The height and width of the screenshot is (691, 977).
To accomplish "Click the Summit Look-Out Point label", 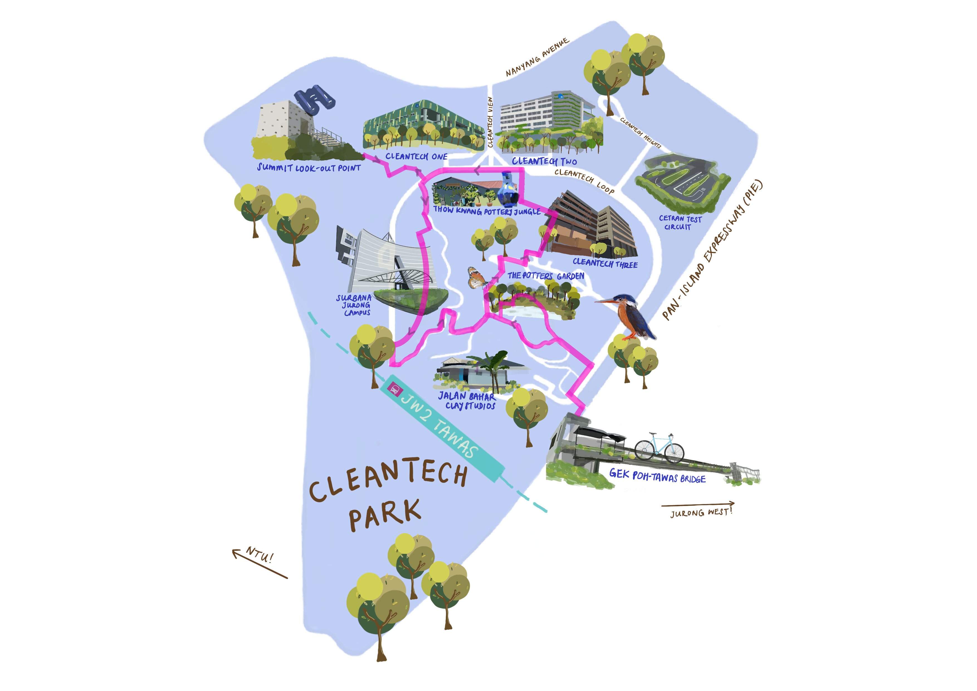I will click(x=309, y=168).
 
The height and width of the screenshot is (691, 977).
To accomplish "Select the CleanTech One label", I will click(x=416, y=157).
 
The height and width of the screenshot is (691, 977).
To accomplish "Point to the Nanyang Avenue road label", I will click(x=537, y=57).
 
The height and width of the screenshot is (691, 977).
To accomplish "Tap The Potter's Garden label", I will click(x=546, y=276).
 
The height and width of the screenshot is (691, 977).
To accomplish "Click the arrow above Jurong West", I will click(x=698, y=505).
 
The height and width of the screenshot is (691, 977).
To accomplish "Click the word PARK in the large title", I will click(x=385, y=515).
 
